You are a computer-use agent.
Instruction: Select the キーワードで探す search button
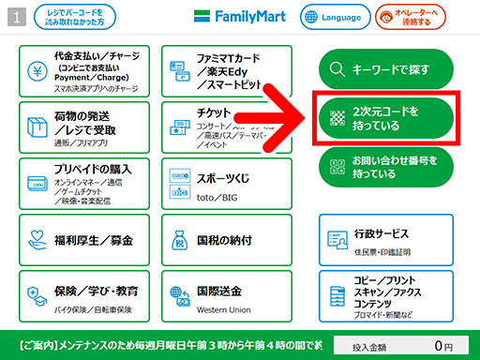[x=385, y=68]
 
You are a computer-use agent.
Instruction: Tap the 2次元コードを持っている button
[x=385, y=118]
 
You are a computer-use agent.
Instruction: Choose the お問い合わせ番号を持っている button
[x=385, y=165]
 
